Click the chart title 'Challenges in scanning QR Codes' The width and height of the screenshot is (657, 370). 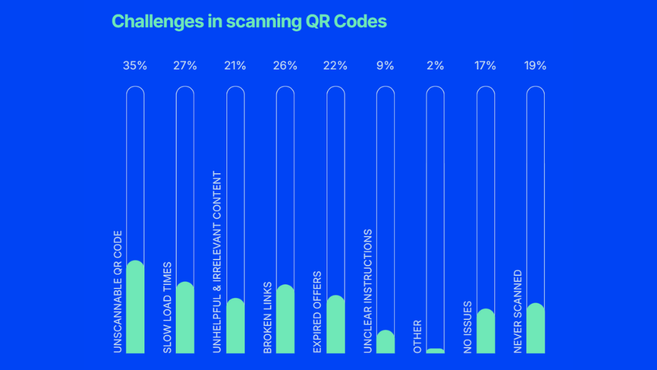pyautogui.click(x=249, y=21)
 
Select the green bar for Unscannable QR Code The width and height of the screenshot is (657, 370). pyautogui.click(x=136, y=308)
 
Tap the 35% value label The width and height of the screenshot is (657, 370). pyautogui.click(x=135, y=66)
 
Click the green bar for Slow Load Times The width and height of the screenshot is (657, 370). pyautogui.click(x=185, y=319)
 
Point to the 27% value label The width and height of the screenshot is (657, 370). pyautogui.click(x=185, y=66)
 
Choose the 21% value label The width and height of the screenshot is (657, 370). pyautogui.click(x=235, y=66)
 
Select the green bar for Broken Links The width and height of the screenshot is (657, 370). pyautogui.click(x=285, y=320)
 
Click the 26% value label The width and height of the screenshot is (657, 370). pyautogui.click(x=285, y=66)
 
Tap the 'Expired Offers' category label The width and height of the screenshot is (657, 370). pyautogui.click(x=317, y=312)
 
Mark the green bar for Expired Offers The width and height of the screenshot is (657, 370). pyautogui.click(x=335, y=325)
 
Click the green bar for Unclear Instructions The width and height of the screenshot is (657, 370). pyautogui.click(x=385, y=343)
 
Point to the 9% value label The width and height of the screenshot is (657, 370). pyautogui.click(x=385, y=66)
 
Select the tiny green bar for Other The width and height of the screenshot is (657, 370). pyautogui.click(x=435, y=351)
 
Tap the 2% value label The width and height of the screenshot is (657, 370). pyautogui.click(x=435, y=66)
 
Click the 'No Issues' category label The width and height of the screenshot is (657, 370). pyautogui.click(x=467, y=328)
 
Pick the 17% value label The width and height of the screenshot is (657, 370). pyautogui.click(x=485, y=66)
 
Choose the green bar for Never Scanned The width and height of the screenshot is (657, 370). pyautogui.click(x=535, y=329)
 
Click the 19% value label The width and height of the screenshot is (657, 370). pyautogui.click(x=535, y=66)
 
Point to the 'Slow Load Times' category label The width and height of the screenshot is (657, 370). pyautogui.click(x=167, y=308)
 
